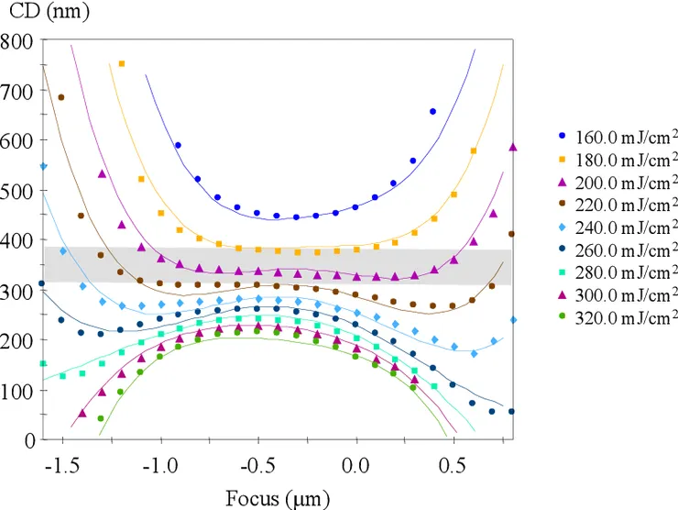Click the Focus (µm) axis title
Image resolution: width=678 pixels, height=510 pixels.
pyautogui.click(x=277, y=499)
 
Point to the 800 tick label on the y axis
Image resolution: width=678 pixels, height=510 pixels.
pyautogui.click(x=18, y=41)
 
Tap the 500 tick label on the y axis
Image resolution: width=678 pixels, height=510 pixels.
pyautogui.click(x=18, y=191)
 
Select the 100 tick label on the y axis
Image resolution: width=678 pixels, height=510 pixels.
pyautogui.click(x=18, y=390)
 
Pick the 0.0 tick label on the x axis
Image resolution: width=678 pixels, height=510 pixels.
pyautogui.click(x=355, y=466)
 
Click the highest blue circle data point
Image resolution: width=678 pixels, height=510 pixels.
pyautogui.click(x=432, y=112)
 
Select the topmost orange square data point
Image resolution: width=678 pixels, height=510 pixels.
pyautogui.click(x=122, y=64)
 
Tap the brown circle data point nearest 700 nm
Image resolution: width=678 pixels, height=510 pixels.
pyautogui.click(x=61, y=97)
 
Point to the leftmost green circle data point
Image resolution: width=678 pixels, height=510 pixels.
pyautogui.click(x=101, y=418)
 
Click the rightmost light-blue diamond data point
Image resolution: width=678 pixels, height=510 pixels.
pyautogui.click(x=513, y=320)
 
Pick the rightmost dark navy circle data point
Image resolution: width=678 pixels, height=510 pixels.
pyautogui.click(x=511, y=412)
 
